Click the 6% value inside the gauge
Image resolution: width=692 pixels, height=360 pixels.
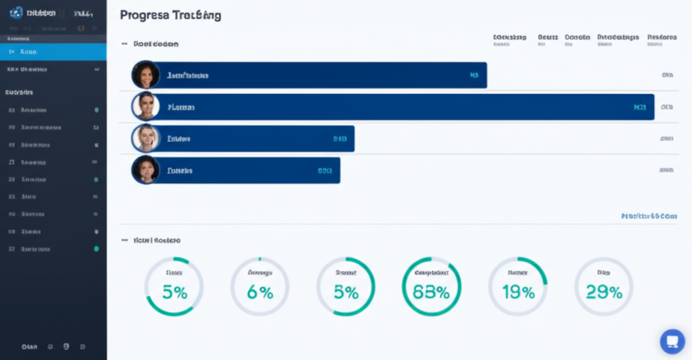259,292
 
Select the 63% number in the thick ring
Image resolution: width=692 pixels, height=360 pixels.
431,292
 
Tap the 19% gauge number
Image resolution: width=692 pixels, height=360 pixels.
518,292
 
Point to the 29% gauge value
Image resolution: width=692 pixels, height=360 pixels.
604,292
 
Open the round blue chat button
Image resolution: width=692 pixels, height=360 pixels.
672,341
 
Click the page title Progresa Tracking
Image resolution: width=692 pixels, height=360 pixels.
170,15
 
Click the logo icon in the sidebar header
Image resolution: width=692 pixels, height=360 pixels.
16,12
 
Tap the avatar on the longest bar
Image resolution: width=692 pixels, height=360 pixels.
145,107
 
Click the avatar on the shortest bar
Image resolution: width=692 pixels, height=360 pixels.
145,170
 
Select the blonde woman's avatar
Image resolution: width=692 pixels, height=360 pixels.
145,138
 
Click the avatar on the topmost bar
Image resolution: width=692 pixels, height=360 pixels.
145,75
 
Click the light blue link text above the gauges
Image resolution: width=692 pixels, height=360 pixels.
649,216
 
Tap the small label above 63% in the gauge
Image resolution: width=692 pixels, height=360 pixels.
431,273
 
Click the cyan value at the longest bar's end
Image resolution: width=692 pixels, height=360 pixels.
640,107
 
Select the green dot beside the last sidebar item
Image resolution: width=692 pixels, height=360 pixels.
96,249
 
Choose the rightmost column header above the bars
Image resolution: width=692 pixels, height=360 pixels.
662,38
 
